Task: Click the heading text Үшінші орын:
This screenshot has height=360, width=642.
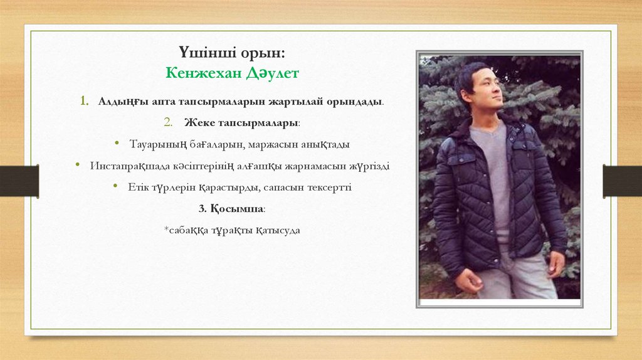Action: tap(233, 51)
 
